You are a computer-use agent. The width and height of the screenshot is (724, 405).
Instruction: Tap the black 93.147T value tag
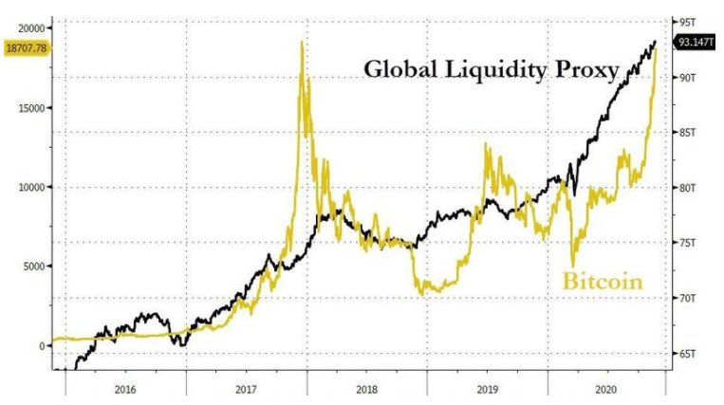696,42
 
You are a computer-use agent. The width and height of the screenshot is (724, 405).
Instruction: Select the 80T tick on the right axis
686,187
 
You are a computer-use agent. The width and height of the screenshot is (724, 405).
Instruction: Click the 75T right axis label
686,243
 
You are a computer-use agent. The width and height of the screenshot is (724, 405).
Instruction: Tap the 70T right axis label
686,298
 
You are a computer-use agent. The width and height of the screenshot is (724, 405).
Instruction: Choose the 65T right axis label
686,354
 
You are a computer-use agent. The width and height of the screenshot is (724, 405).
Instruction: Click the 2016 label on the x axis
125,387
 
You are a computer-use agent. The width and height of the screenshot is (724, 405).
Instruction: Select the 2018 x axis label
366,387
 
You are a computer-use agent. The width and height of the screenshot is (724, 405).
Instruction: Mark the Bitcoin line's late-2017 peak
302,43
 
